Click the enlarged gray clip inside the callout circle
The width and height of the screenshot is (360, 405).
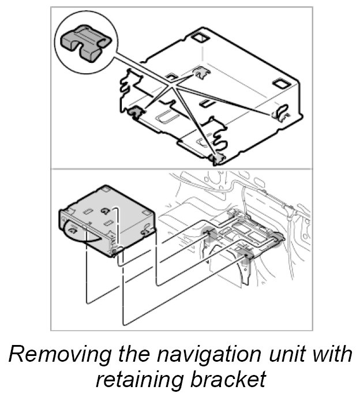click(x=85, y=43)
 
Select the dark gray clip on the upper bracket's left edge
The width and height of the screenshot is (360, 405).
click(x=135, y=112)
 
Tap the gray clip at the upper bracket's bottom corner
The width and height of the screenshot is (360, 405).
click(x=217, y=158)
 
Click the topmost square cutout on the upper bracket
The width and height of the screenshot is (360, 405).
click(x=201, y=38)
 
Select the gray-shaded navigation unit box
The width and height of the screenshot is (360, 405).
click(x=107, y=221)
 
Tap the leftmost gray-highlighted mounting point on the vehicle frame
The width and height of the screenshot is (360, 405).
click(x=209, y=233)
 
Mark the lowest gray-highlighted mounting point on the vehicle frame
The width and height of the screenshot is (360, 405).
click(x=244, y=256)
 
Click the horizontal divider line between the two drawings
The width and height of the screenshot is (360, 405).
click(x=182, y=169)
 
